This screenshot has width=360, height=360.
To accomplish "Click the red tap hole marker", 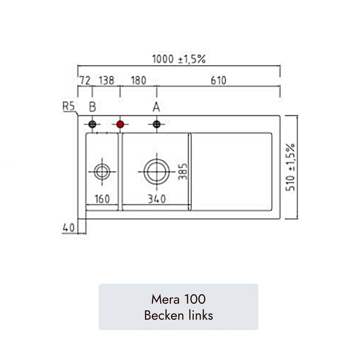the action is (x=120, y=125).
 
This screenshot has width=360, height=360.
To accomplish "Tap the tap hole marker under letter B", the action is (x=92, y=125).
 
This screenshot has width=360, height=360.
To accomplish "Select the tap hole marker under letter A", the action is (x=157, y=125).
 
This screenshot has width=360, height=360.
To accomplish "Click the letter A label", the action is (x=156, y=107).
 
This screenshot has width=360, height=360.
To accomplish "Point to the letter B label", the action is (x=92, y=107).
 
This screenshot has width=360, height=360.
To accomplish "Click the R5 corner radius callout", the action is (x=69, y=106).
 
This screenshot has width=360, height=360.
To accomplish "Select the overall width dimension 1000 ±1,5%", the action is (x=179, y=59).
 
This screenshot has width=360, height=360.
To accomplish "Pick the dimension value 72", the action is (x=85, y=81).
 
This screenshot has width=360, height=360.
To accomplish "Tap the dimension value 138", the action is (x=107, y=81).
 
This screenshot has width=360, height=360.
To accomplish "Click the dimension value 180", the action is (x=139, y=81).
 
